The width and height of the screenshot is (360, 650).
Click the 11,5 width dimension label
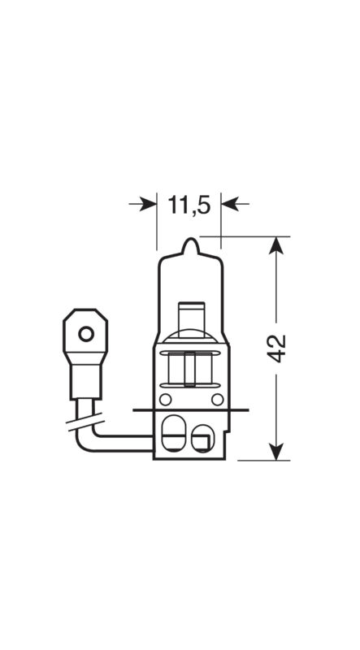click(x=189, y=205)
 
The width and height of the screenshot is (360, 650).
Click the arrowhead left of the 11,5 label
click(x=148, y=204)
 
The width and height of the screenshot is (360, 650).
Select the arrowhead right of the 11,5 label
click(x=229, y=204)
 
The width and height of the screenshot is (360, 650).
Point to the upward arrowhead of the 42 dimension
click(x=276, y=245)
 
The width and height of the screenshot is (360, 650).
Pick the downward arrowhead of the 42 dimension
click(x=276, y=452)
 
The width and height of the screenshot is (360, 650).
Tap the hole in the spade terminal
click(x=86, y=334)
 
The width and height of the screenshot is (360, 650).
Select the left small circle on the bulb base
click(x=166, y=400)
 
